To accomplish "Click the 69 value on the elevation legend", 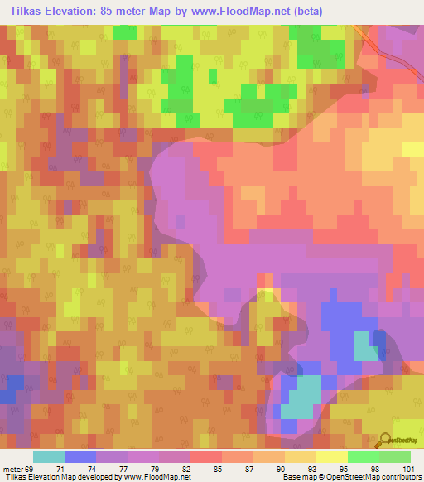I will pyautogui.click(x=31, y=469).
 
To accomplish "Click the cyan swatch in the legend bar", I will pyautogui.click(x=49, y=456).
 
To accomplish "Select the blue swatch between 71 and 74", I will pyautogui.click(x=80, y=456).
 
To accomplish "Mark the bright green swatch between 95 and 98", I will pyautogui.click(x=363, y=456).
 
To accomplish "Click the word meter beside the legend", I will pyautogui.click(x=12, y=469).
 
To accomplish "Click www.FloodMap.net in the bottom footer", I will pyautogui.click(x=157, y=477).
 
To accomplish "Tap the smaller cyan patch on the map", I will pyautogui.click(x=364, y=346).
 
